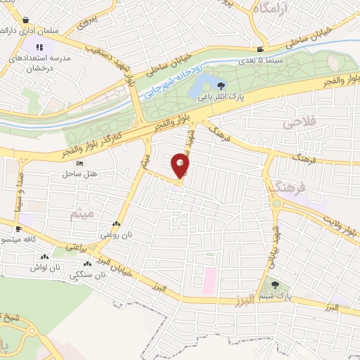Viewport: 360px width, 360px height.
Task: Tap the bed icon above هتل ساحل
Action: (79, 163)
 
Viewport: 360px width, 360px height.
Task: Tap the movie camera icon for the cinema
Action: (260, 49)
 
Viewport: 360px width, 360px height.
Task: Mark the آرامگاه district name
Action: (271, 9)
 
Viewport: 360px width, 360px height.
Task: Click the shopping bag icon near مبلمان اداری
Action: (25, 20)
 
